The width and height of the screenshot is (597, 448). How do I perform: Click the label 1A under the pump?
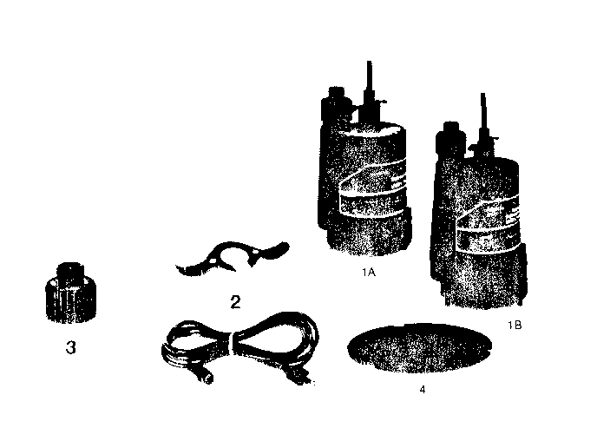pyautogui.click(x=367, y=272)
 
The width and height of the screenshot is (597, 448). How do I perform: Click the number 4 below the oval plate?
pyautogui.click(x=422, y=389)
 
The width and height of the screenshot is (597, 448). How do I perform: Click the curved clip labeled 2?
pyautogui.click(x=229, y=259)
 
